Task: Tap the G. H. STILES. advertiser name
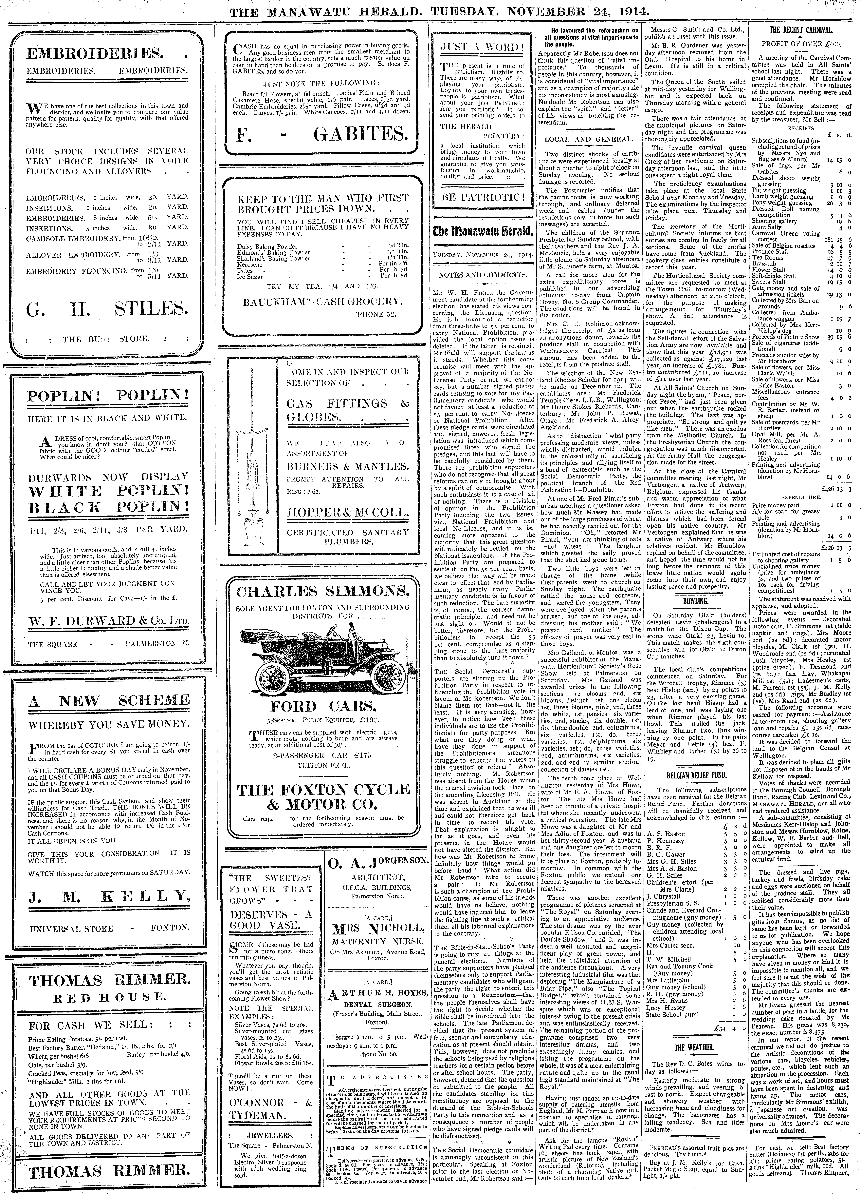coord(107,307)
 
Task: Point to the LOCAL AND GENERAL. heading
coord(588,140)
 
